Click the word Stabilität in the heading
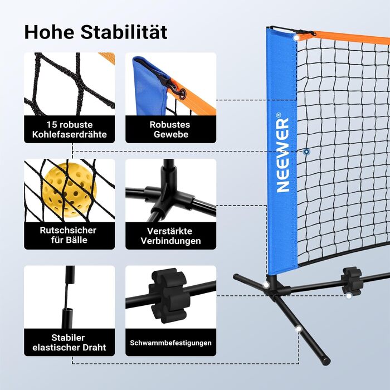click(x=126, y=32)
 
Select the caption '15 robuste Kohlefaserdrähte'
click(x=69, y=129)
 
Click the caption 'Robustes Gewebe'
click(x=170, y=129)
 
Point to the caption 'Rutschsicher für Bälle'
click(x=69, y=235)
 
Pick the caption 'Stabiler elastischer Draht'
click(x=69, y=343)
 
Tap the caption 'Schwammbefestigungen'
click(x=170, y=343)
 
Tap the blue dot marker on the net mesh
click(x=306, y=152)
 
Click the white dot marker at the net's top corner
click(x=296, y=37)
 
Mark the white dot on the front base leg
click(x=299, y=330)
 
